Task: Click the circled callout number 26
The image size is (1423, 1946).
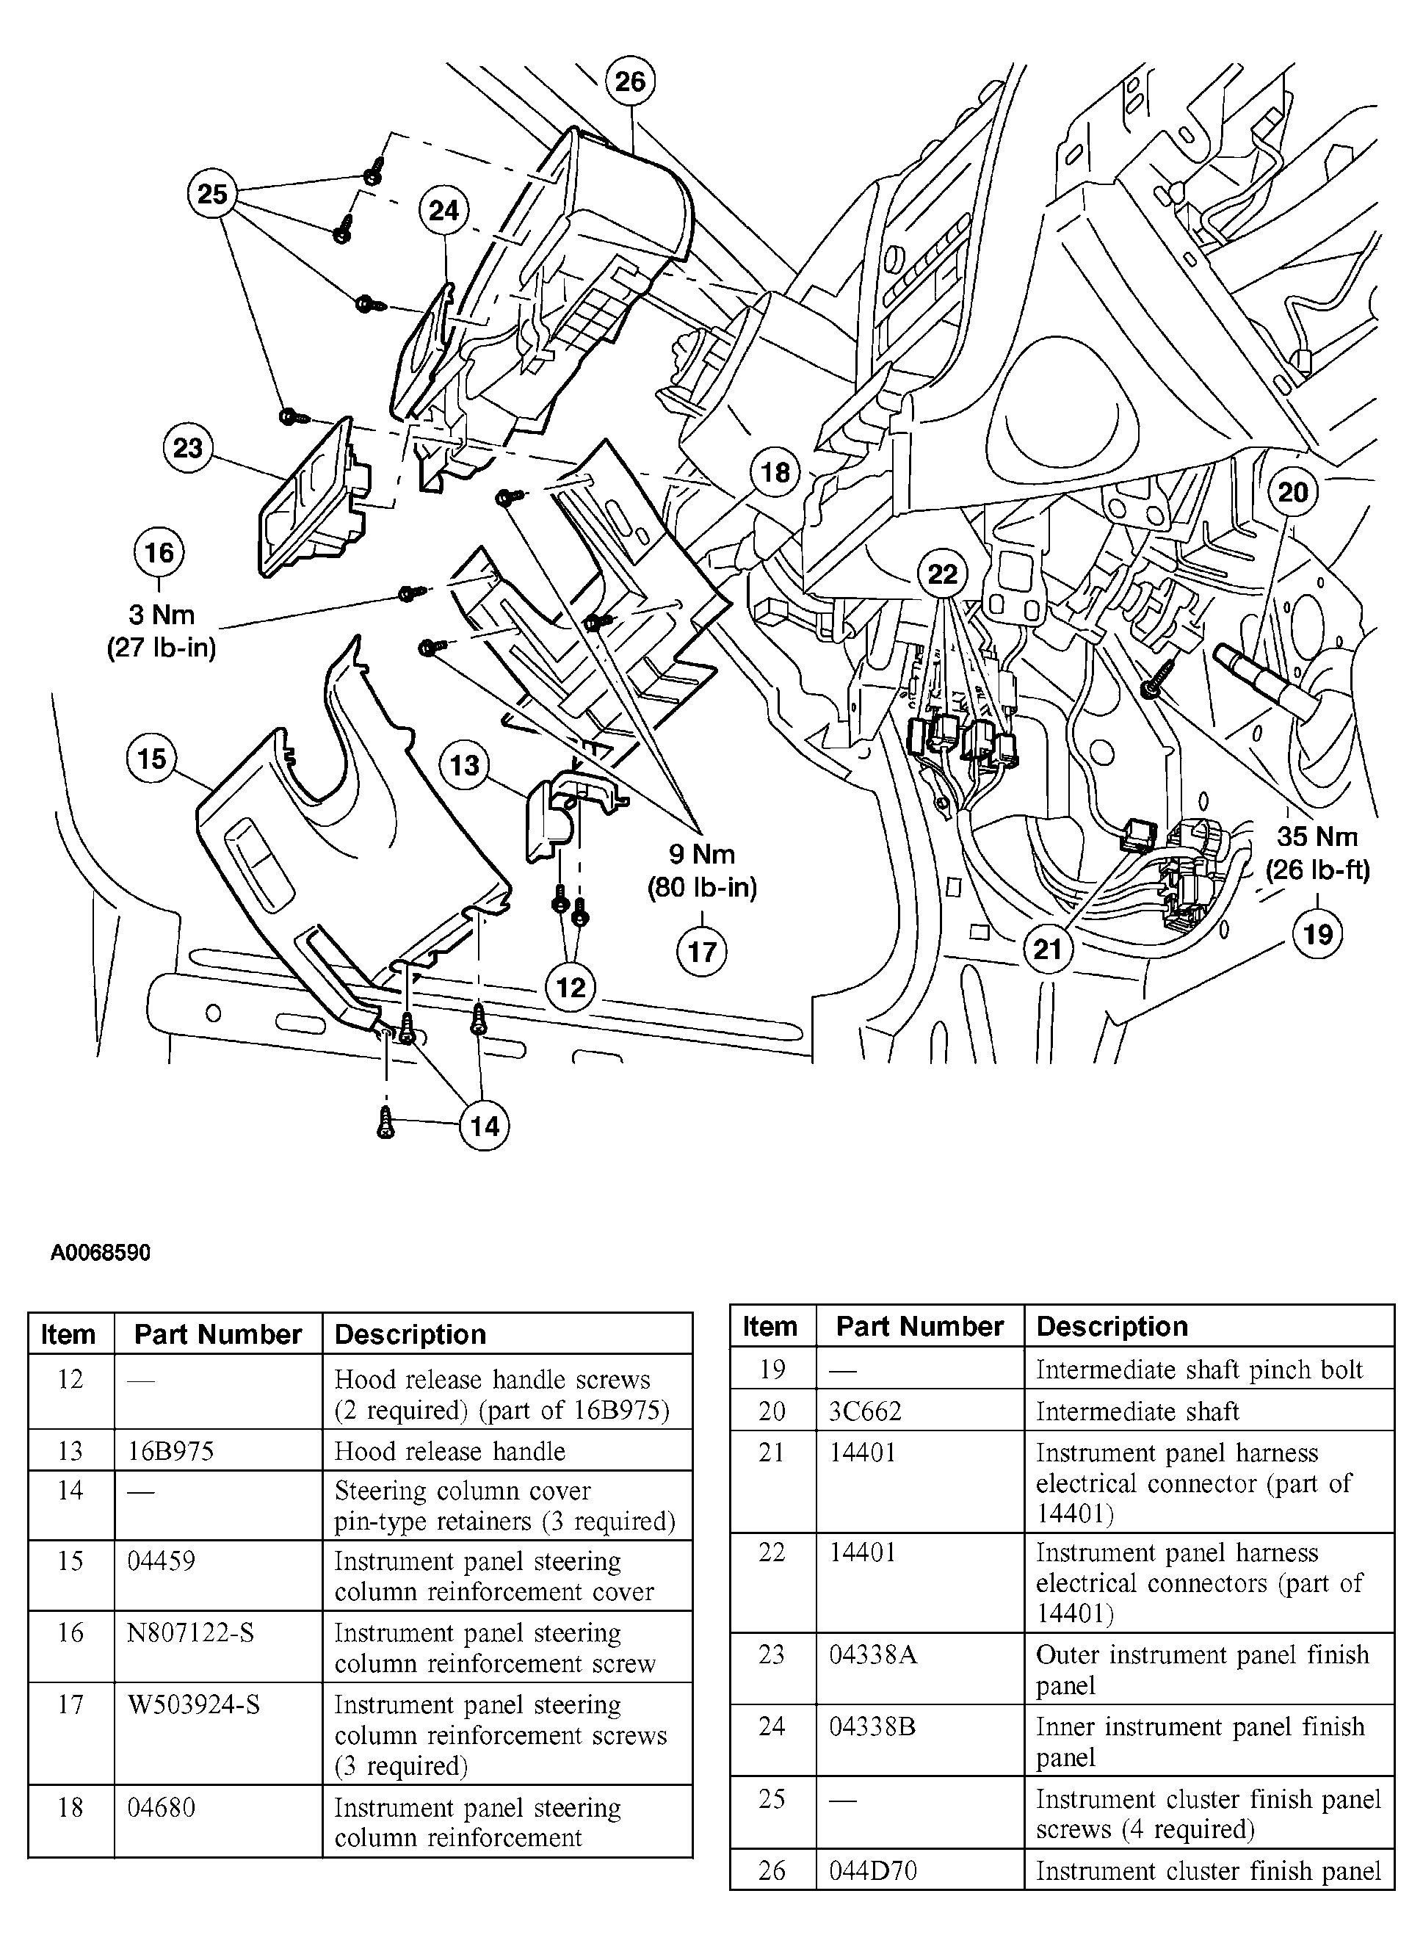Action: click(630, 81)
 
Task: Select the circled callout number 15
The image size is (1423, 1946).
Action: click(151, 758)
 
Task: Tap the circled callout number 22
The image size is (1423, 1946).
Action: click(942, 574)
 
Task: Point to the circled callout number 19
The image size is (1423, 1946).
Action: click(1318, 934)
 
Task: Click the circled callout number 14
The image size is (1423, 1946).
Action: click(484, 1126)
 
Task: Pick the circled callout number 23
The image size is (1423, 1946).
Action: click(188, 448)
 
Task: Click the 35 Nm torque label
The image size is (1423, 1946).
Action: click(1317, 836)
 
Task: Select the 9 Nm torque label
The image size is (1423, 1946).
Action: click(702, 855)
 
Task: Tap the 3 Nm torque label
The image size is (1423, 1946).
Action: click(161, 615)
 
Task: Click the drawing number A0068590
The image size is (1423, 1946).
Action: click(100, 1251)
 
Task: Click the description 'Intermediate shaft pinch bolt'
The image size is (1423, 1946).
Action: click(1199, 1370)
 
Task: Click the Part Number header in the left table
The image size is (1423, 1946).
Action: click(218, 1334)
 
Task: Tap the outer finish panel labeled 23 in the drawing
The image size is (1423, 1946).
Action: click(314, 499)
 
